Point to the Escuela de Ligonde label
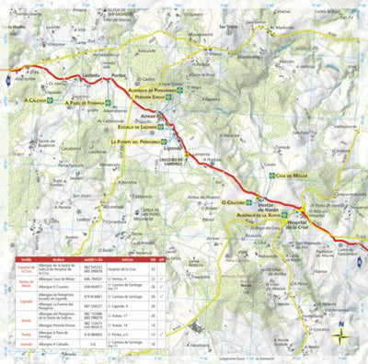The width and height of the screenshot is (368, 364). [141, 127]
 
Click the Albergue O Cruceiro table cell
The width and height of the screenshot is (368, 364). [54, 286]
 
